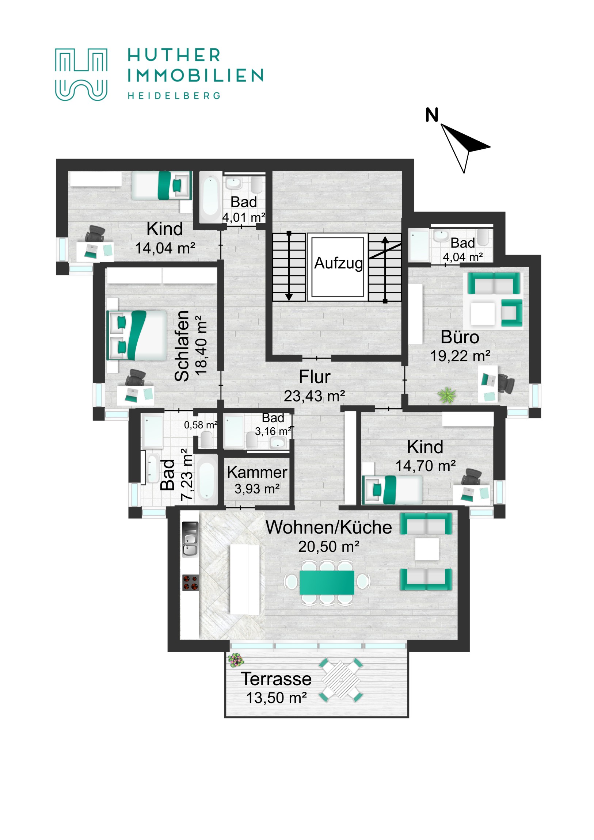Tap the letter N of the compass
coord(431,115)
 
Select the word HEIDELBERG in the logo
coord(174,96)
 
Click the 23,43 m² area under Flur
coord(314,396)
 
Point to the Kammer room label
coord(256,472)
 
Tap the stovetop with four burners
coord(190,583)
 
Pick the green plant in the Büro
coord(447,395)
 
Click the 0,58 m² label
coord(200,425)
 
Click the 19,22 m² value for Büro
coord(460,356)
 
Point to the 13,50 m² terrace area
coord(276,698)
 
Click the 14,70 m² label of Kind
coord(425,466)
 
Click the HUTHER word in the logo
coord(174,56)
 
